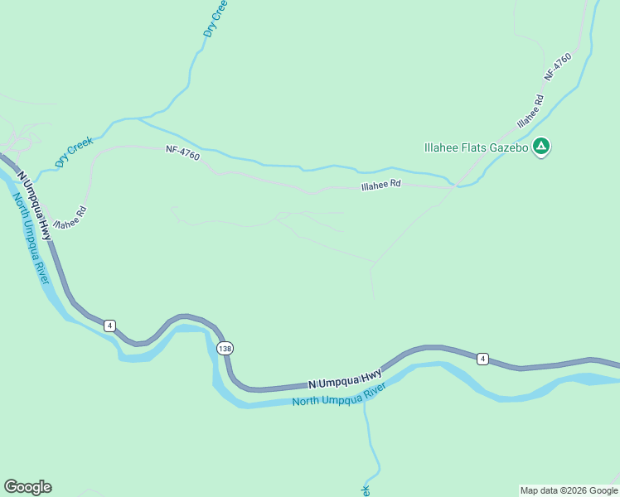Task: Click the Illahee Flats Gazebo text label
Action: (475, 147)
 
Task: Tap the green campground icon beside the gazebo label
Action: (541, 147)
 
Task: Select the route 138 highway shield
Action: (225, 349)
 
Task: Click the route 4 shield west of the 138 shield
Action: (109, 326)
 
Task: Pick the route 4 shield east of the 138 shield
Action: (482, 359)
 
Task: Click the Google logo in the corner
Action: (27, 487)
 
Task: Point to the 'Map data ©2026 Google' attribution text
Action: (569, 490)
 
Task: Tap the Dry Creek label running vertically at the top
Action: (215, 18)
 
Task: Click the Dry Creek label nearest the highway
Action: (75, 152)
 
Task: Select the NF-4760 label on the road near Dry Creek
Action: (182, 151)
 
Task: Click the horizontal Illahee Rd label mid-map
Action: (381, 186)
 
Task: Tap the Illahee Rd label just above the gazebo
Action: (530, 111)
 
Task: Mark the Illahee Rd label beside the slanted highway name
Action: (70, 218)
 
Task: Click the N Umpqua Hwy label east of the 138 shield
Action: (344, 379)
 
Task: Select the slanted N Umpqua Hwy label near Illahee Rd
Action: (33, 206)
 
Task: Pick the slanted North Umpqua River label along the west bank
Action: (31, 238)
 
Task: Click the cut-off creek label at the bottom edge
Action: (365, 490)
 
